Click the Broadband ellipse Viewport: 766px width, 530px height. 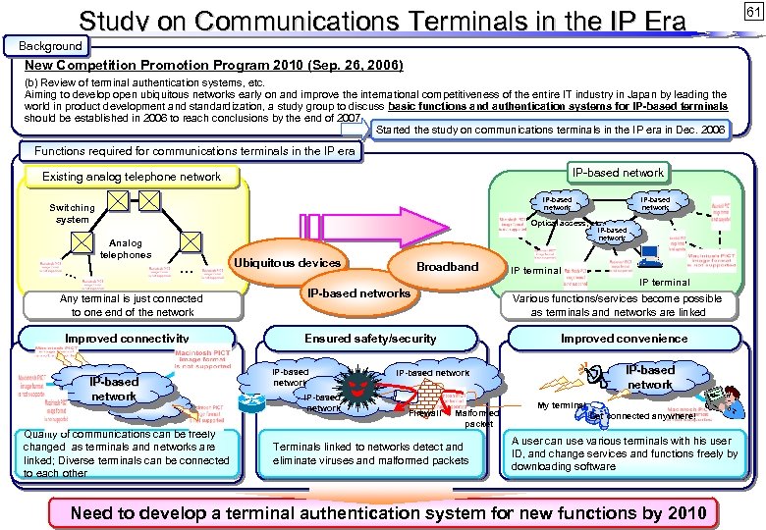[447, 266]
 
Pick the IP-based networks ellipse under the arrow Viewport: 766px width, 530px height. [358, 292]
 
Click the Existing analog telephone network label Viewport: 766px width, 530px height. [133, 177]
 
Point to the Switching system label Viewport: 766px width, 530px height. [73, 214]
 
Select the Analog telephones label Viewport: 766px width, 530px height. [125, 249]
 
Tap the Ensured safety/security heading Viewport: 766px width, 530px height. [370, 339]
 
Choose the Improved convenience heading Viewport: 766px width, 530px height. [624, 339]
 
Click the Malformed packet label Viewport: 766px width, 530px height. [478, 418]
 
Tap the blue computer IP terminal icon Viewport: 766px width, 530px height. [648, 257]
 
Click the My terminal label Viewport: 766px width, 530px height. [561, 405]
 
